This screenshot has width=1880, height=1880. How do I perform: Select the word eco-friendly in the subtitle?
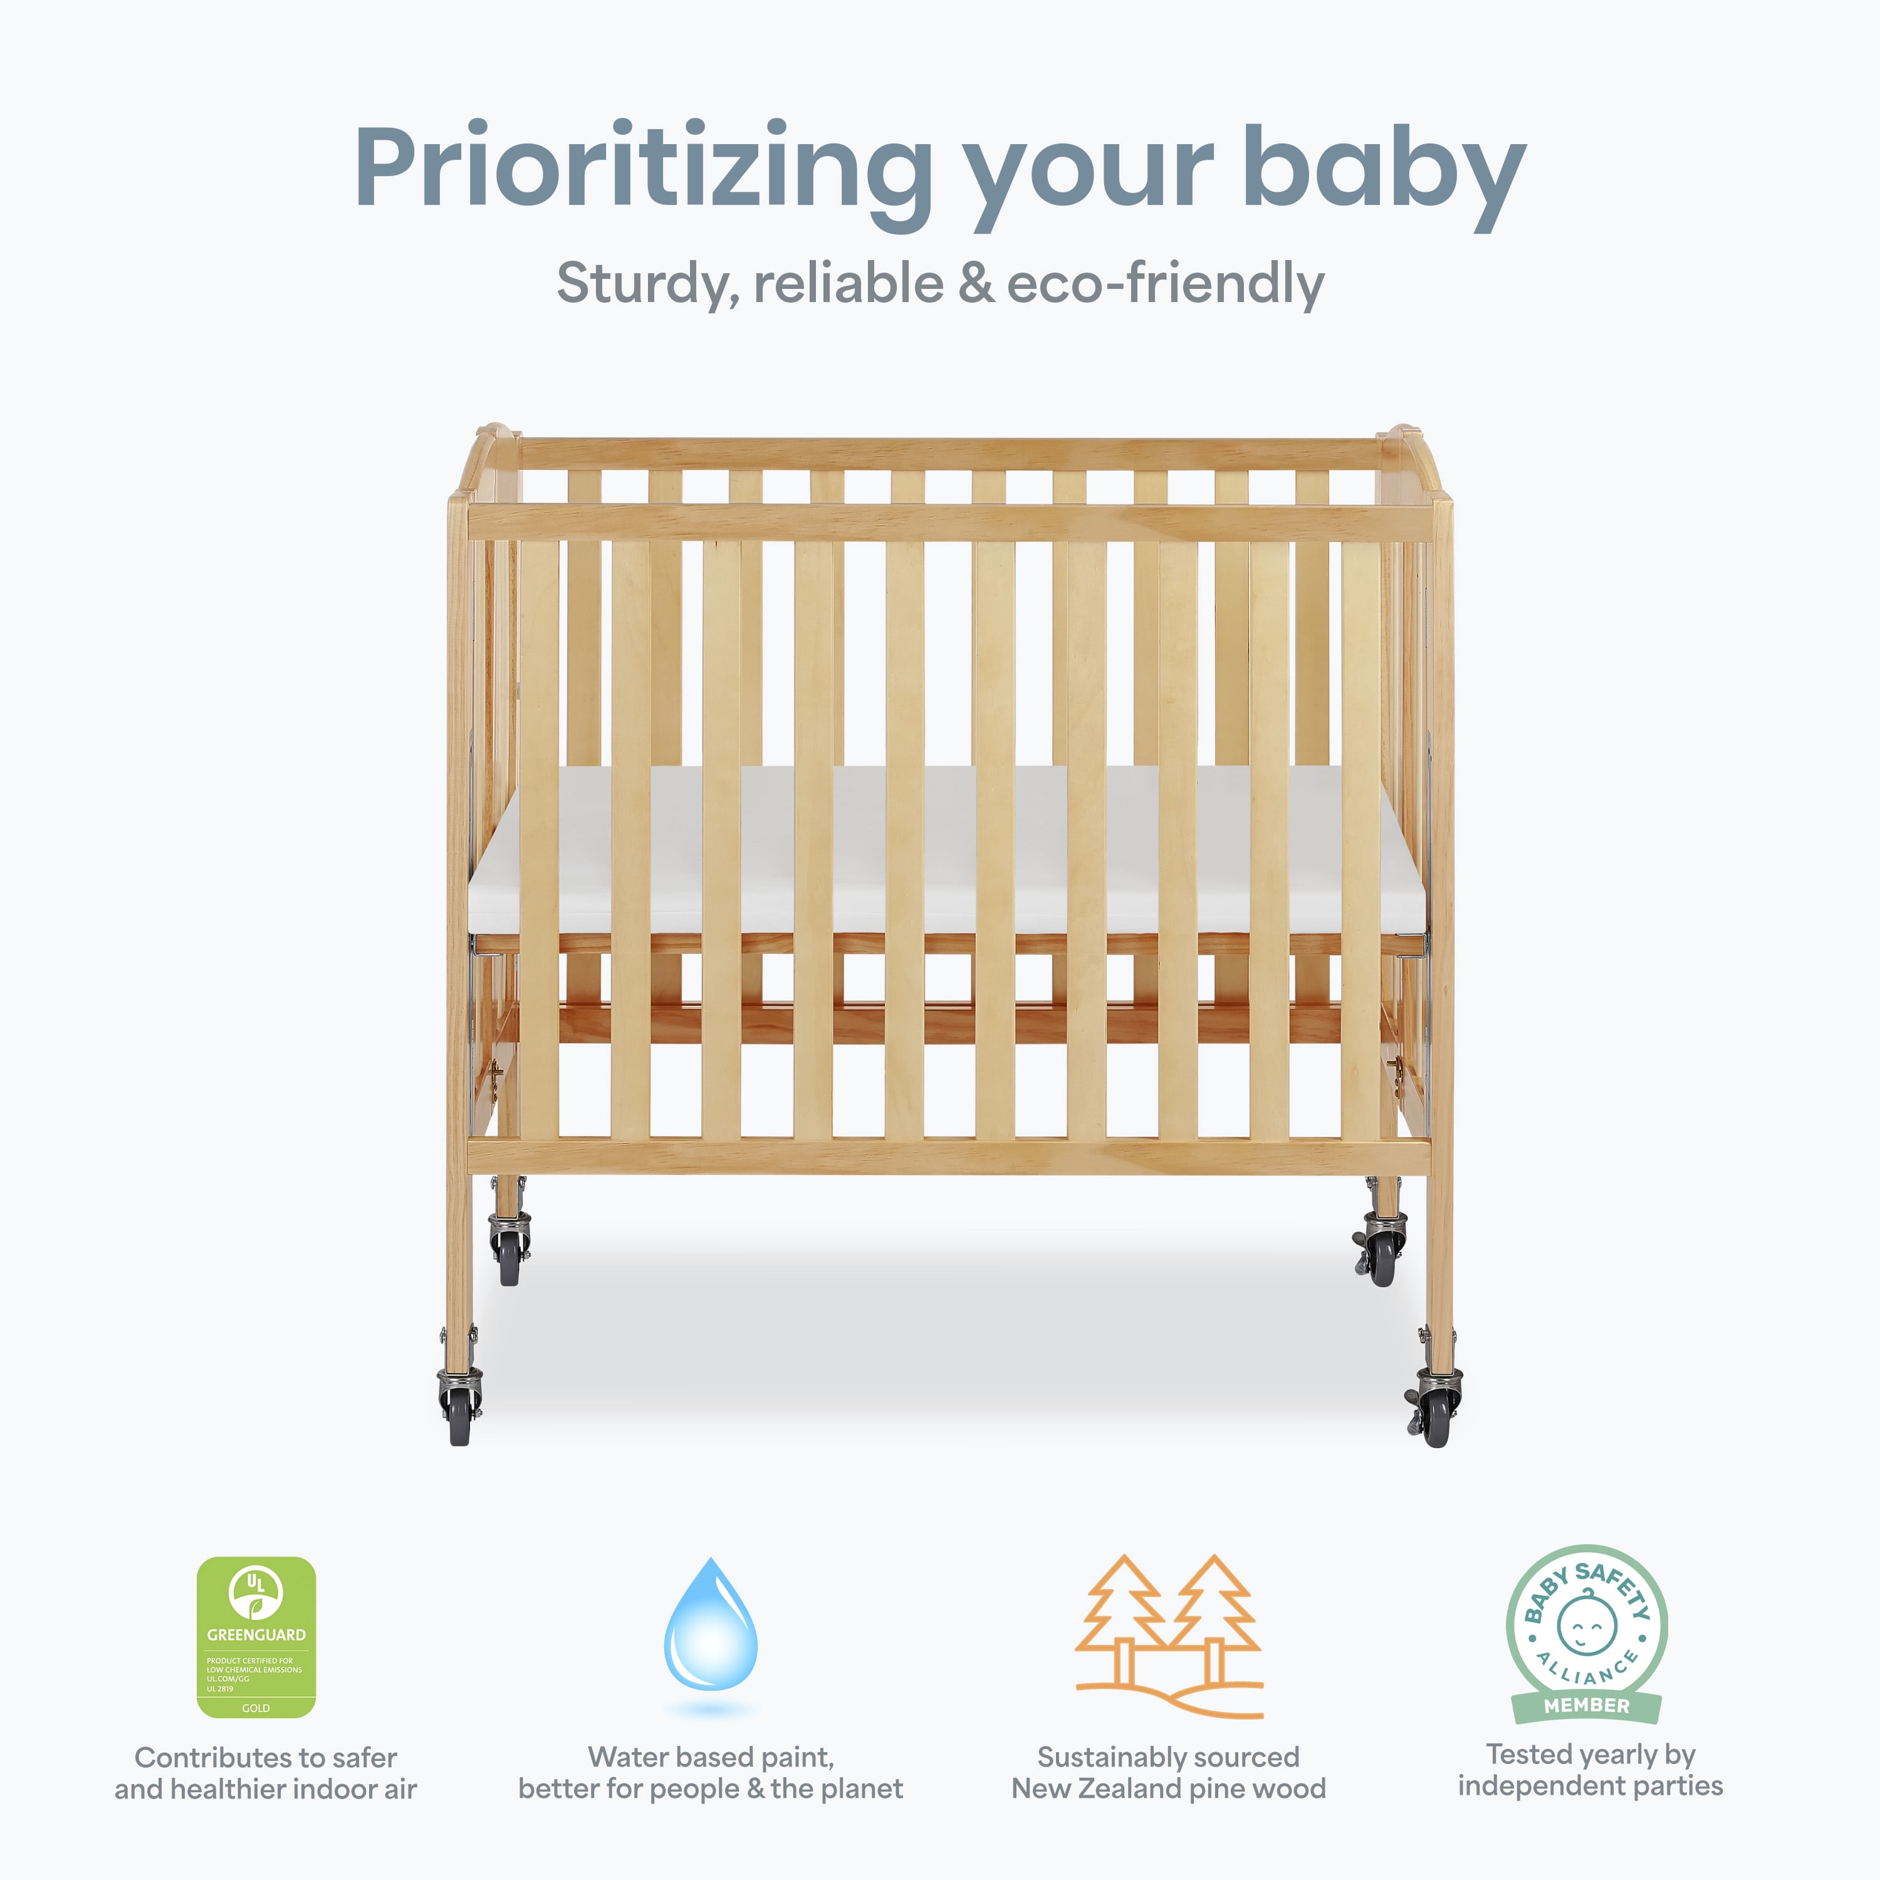[x=1165, y=284]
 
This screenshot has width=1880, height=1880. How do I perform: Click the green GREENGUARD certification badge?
[x=256, y=1637]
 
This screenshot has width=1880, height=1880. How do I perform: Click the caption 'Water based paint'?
[x=711, y=1757]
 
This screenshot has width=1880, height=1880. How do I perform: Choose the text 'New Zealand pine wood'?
[x=1169, y=1789]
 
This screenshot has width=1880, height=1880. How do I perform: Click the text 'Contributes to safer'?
[x=266, y=1757]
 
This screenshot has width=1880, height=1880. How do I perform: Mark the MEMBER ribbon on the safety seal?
[x=1586, y=1705]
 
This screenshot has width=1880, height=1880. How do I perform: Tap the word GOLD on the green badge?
[x=256, y=1708]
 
